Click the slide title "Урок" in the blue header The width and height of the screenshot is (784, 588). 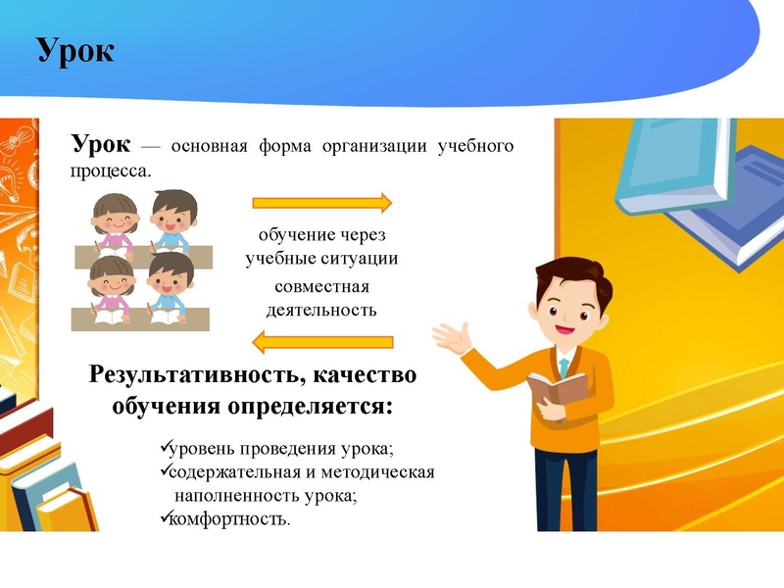(75, 49)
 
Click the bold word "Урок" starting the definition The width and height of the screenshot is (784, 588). (99, 145)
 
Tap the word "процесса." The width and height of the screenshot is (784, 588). (111, 170)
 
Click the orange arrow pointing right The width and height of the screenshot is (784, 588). (322, 203)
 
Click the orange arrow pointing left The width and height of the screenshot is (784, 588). (322, 342)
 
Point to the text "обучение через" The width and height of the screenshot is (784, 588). (322, 236)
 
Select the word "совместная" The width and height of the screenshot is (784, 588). (321, 287)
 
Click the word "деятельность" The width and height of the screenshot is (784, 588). (321, 310)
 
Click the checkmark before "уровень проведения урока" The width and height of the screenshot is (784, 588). (164, 449)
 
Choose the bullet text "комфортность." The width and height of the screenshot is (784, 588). (230, 518)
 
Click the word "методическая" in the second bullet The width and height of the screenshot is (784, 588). (385, 472)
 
